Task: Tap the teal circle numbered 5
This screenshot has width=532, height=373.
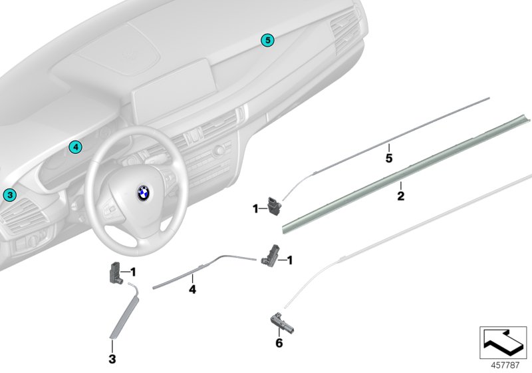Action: [267, 41]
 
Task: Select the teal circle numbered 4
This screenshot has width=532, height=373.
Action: [75, 147]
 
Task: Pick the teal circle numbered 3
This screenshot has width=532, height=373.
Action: [8, 195]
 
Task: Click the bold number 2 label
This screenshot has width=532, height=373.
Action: [400, 196]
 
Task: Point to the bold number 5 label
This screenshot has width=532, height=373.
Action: [389, 159]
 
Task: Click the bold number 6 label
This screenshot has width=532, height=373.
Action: [279, 344]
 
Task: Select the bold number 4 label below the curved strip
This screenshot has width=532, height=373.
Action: [192, 290]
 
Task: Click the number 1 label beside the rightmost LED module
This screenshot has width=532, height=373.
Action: [290, 260]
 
